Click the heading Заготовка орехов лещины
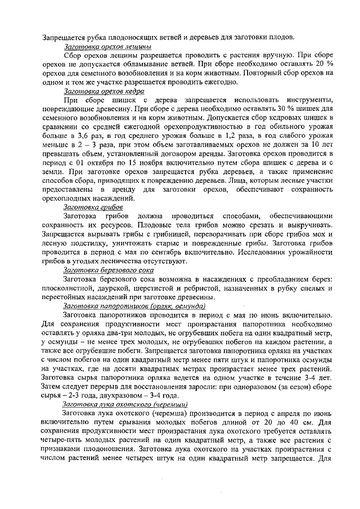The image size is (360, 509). click(107, 47)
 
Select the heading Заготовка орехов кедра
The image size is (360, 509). click(104, 91)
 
